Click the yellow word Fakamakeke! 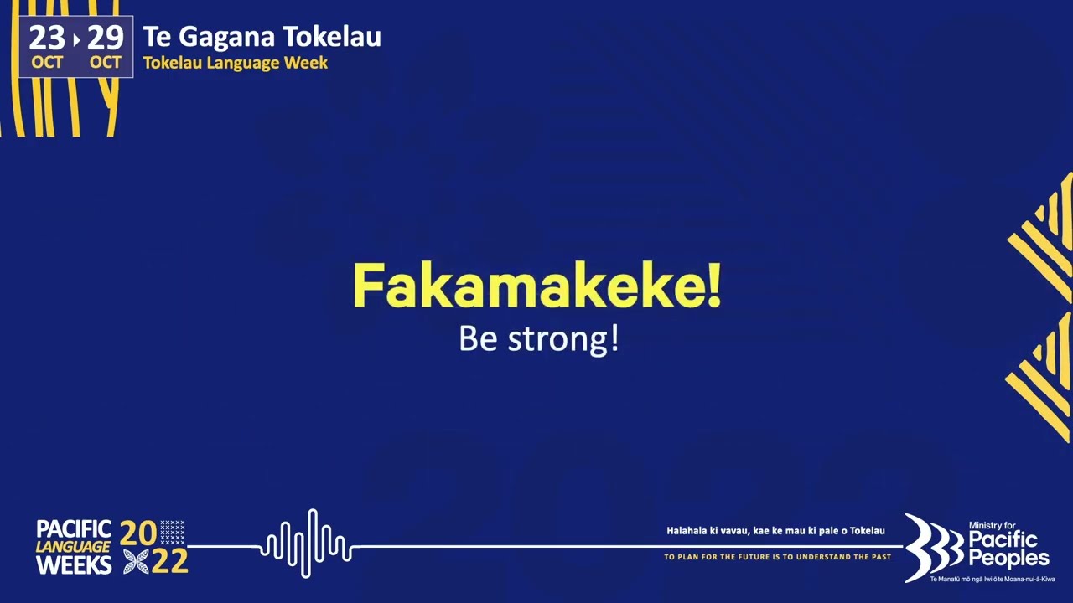coord(536,286)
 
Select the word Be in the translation coord(474,338)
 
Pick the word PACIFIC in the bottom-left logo coord(74,529)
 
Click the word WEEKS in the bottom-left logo coord(74,565)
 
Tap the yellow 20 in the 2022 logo coord(138,533)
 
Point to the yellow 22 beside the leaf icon coord(170,562)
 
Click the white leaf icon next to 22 coord(136,562)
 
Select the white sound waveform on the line coord(306,544)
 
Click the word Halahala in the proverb coord(687,531)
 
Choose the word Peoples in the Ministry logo coord(1008,559)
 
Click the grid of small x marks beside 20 coord(173,533)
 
